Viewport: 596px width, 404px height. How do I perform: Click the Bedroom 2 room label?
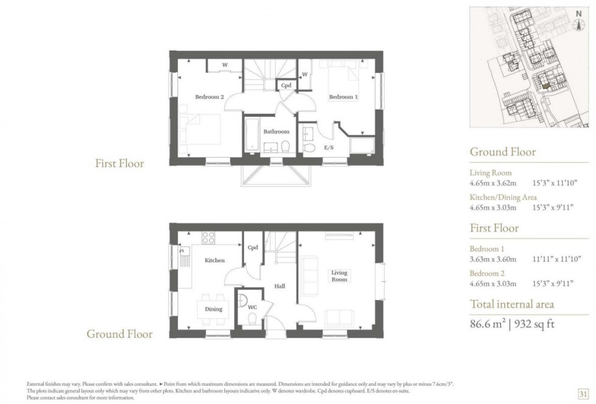(x=210, y=97)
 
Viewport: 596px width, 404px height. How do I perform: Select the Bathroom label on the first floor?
(x=276, y=131)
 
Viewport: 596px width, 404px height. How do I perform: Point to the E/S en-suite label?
(x=328, y=147)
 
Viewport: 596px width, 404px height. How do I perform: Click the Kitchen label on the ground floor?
(x=214, y=260)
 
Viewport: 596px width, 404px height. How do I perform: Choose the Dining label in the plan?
(x=213, y=309)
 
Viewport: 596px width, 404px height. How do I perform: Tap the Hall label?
(x=279, y=286)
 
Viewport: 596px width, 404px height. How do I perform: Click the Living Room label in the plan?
(x=339, y=276)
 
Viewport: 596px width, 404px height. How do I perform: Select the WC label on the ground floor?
(x=252, y=307)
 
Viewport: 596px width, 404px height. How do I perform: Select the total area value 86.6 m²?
(x=491, y=324)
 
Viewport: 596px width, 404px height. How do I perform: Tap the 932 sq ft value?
(x=533, y=324)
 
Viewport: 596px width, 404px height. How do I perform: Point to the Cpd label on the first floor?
(x=286, y=86)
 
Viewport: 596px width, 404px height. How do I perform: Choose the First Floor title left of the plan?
(x=120, y=163)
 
